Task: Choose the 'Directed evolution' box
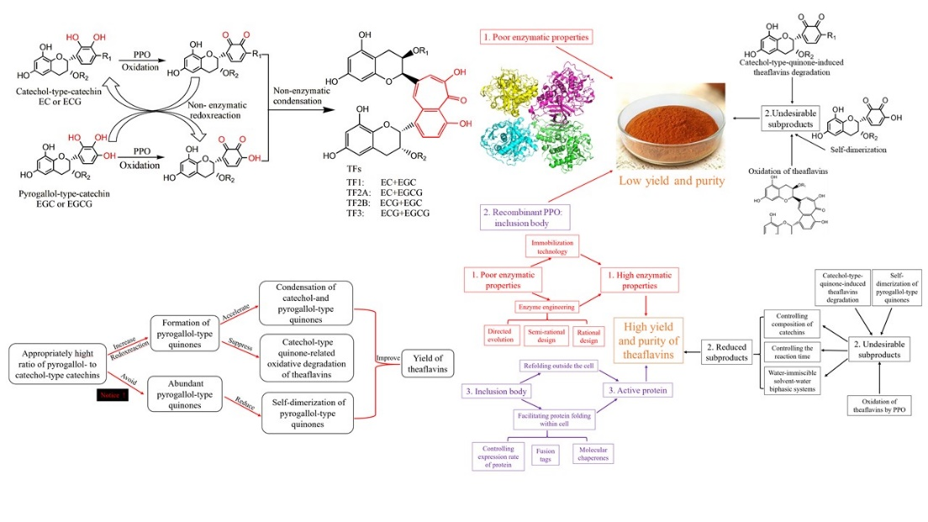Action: point(499,335)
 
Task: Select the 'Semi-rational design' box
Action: point(546,335)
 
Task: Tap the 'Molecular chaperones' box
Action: point(593,455)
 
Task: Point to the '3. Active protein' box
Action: point(632,391)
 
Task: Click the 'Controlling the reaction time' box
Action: point(794,352)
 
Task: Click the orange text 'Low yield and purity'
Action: point(671,180)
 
